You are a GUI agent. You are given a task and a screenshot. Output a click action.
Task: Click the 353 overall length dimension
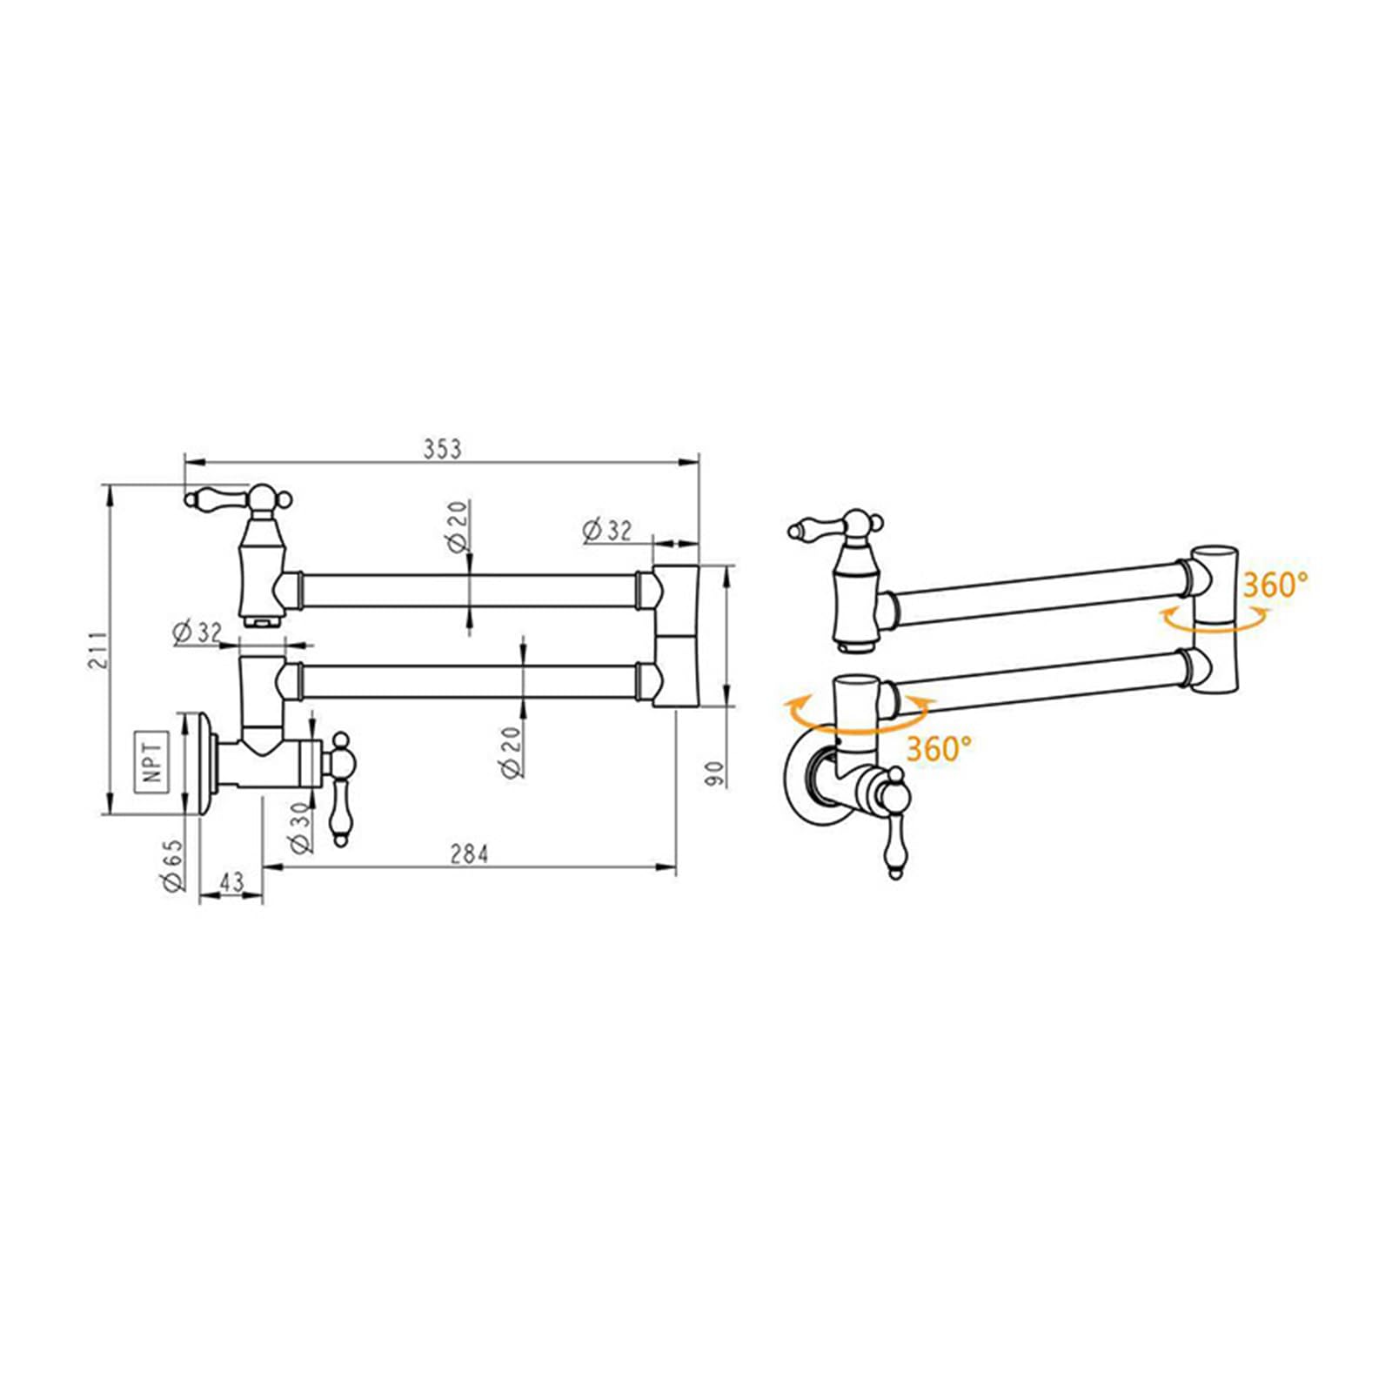click(x=443, y=449)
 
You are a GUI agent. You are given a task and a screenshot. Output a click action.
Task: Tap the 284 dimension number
click(x=469, y=854)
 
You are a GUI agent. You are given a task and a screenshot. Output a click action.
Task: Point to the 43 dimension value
click(x=231, y=882)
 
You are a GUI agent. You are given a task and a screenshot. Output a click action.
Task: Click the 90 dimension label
click(x=714, y=773)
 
